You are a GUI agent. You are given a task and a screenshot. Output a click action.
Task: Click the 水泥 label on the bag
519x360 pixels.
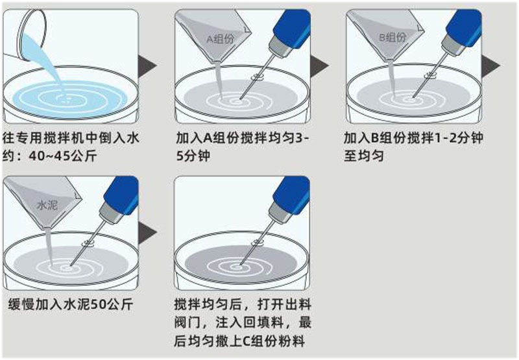[47, 204]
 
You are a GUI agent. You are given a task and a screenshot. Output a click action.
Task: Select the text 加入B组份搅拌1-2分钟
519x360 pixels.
[413, 139]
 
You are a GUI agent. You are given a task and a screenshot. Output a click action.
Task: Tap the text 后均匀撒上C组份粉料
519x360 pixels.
[239, 341]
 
